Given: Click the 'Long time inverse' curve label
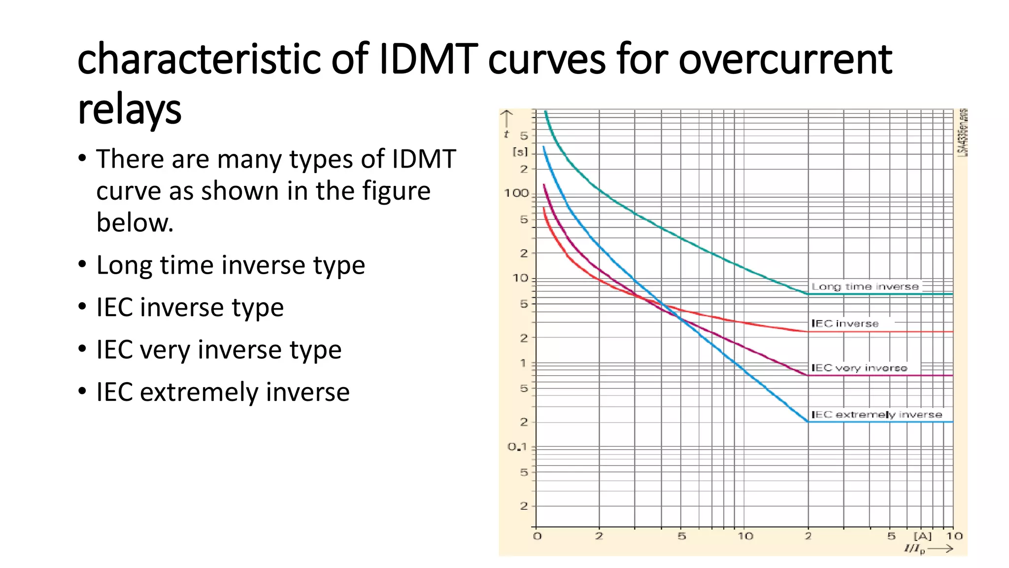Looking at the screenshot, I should click(865, 286).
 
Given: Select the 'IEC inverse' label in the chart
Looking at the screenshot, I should click(845, 323).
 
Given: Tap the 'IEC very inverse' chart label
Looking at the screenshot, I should click(859, 368).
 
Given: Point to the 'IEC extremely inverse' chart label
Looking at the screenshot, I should click(876, 415).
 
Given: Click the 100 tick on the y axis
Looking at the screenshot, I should click(516, 193).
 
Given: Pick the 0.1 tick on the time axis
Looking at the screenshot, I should click(517, 447).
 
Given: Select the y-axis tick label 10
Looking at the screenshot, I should click(520, 278).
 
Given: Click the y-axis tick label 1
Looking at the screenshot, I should click(523, 363).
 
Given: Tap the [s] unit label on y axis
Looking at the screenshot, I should click(520, 152).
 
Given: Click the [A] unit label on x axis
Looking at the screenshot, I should click(923, 536).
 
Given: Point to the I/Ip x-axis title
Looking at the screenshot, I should click(914, 549).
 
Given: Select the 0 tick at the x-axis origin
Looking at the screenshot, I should click(537, 536).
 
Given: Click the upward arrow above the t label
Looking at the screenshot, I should click(506, 118).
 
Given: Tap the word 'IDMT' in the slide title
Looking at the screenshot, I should click(428, 59).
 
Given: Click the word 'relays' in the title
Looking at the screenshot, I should click(130, 109).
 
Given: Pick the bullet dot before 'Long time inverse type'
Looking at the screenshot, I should click(82, 264).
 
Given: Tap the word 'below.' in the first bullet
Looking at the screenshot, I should click(135, 222).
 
